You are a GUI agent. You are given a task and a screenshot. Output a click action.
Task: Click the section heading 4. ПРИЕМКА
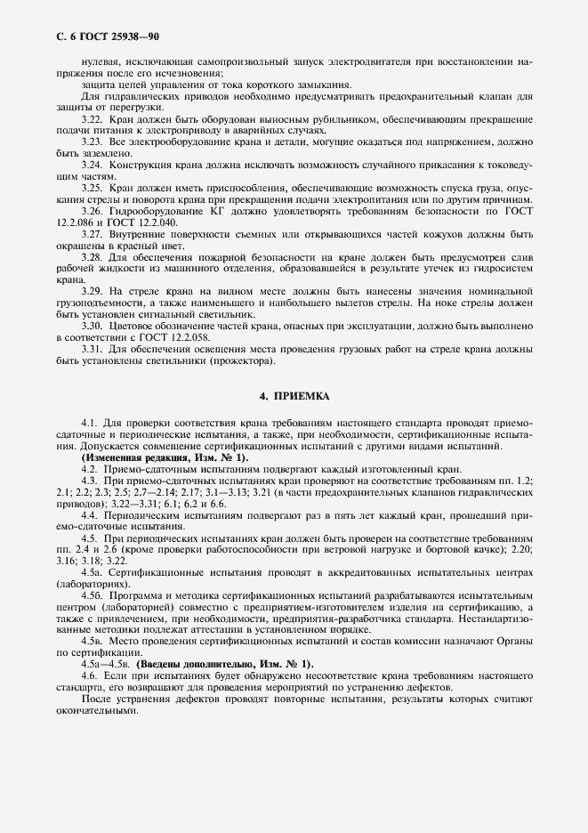pos(294,394)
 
